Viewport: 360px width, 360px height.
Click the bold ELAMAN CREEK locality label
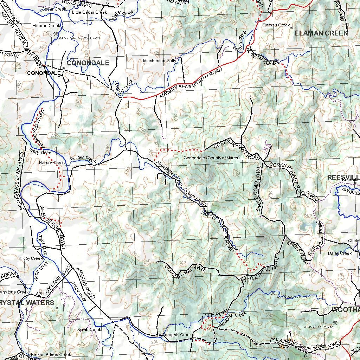coord(321,33)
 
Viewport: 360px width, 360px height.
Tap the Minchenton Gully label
coord(160,61)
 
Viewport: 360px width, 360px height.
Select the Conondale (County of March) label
coord(211,158)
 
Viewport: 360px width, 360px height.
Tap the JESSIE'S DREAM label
coord(317,327)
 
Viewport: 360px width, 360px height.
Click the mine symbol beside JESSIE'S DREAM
coord(335,322)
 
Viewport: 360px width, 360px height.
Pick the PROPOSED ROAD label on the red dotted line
coord(38,126)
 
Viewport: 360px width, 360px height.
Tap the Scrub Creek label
coord(89,330)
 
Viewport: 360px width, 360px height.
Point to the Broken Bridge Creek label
coord(51,355)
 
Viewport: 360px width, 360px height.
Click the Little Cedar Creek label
coord(89,12)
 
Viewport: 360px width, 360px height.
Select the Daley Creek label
coord(340,253)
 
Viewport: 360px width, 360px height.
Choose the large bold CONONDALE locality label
coord(88,63)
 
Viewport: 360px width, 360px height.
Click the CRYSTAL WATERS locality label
coord(27,302)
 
